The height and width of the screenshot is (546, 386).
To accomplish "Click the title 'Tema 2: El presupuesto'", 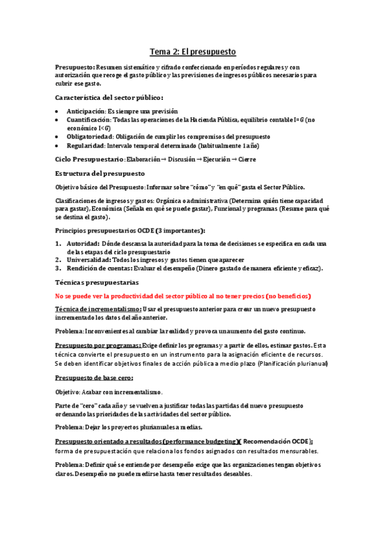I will (x=193, y=51).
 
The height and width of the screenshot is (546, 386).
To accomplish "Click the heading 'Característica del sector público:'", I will (x=104, y=97).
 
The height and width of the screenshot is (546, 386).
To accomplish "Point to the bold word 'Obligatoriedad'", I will (x=90, y=137).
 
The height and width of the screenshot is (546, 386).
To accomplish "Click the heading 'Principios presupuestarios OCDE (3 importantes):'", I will (x=130, y=230).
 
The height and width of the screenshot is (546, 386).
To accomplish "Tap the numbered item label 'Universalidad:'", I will (x=89, y=259).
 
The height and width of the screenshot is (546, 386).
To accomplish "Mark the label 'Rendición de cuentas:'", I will (x=99, y=268).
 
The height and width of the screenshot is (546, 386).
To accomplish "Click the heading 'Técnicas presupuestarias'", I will (x=97, y=283).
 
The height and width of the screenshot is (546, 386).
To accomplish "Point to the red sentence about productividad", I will (x=183, y=296).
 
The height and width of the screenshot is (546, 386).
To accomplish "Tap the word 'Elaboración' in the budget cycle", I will (x=148, y=159).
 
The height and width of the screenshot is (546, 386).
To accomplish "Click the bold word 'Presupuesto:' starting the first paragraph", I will (x=75, y=67).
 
